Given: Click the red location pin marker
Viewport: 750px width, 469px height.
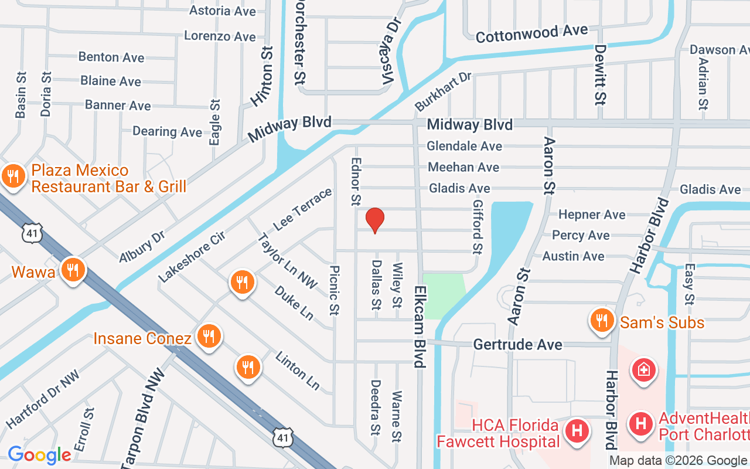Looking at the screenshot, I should coord(375,220).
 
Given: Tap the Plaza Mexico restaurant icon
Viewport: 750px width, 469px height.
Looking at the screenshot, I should coord(12,175).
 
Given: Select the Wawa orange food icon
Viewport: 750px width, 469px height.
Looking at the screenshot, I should coord(73,270).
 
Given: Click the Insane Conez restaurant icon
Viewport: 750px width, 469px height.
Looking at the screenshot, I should coord(208,337).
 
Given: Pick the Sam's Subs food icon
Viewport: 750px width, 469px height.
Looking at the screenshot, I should coord(602,321).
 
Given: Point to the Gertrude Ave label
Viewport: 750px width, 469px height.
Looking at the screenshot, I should coord(518,344).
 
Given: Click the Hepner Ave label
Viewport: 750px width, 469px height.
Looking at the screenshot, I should coord(592,215).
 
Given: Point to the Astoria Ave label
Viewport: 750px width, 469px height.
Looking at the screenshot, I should coord(222,11).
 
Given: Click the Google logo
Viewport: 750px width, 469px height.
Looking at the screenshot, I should coord(39,455).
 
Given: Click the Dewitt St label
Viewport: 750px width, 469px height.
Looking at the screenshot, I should coord(599,74).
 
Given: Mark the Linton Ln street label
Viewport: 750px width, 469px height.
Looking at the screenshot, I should coord(298,371).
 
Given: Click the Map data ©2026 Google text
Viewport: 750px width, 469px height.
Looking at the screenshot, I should coord(679,461).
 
